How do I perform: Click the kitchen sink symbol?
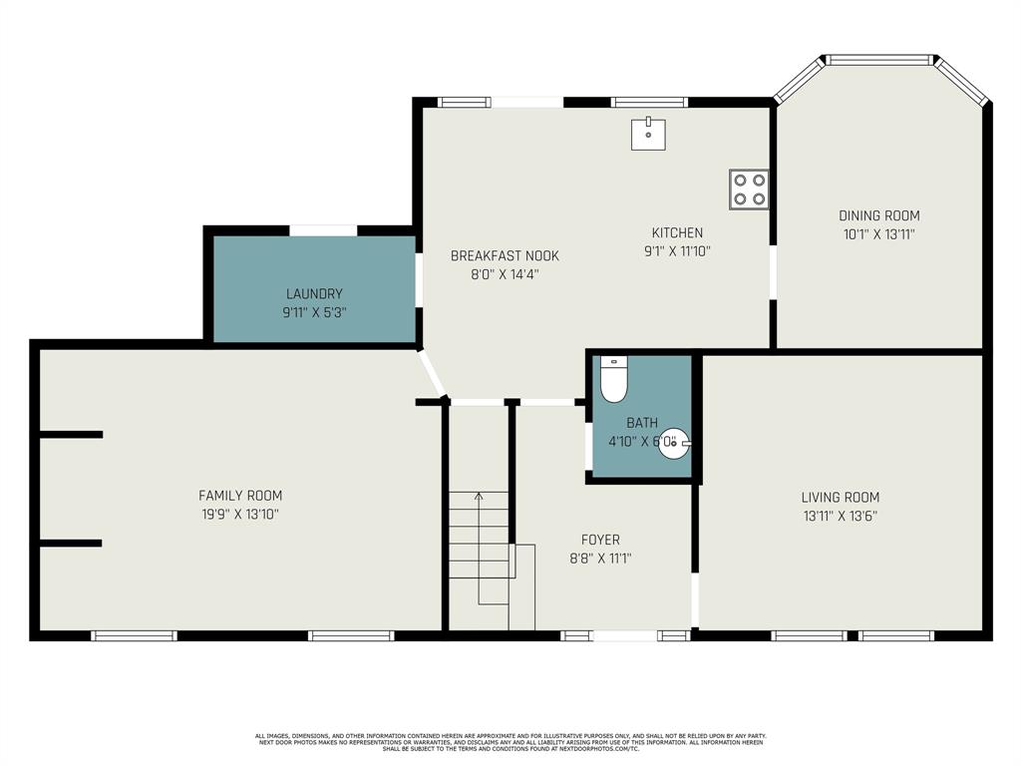[648, 134]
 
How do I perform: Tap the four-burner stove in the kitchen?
[748, 189]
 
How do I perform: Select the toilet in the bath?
[613, 379]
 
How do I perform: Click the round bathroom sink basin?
[674, 443]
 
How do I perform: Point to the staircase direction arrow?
[479, 496]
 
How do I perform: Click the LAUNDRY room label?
[314, 294]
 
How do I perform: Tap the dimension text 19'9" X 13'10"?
[240, 515]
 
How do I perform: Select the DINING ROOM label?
[878, 215]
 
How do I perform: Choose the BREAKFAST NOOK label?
[505, 255]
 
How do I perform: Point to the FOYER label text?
[600, 540]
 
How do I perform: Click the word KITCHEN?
[677, 233]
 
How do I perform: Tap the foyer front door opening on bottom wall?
[624, 635]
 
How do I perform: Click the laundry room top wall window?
[323, 230]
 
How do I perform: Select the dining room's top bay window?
[880, 60]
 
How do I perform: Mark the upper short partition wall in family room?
[70, 435]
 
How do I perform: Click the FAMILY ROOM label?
[240, 496]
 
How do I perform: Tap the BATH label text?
[642, 423]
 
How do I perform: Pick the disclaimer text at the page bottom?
[510, 742]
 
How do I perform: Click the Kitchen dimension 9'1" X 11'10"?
[677, 252]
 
